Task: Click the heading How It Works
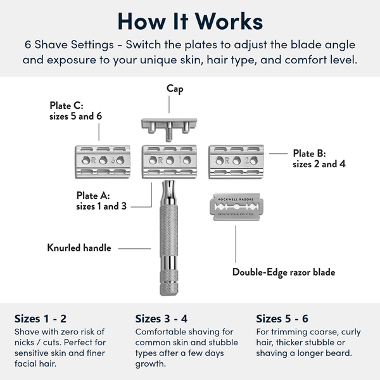click(190, 20)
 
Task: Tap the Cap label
click(175, 89)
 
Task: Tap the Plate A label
click(101, 200)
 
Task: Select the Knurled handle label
click(79, 248)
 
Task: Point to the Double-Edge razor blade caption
click(283, 272)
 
